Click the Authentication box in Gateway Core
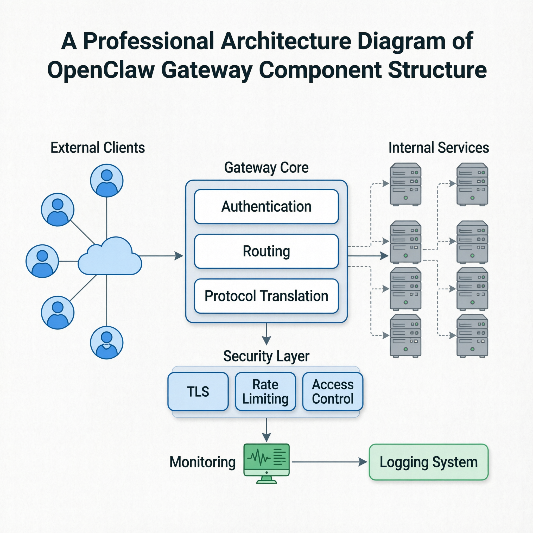pos(266,207)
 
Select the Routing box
pos(266,251)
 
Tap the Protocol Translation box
pos(266,296)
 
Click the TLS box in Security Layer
pos(198,391)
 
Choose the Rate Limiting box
pos(265,391)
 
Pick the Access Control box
pos(333,391)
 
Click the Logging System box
pos(428,462)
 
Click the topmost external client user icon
pos(107,181)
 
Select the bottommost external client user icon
pos(107,343)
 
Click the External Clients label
pos(98,148)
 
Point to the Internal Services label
pos(439,148)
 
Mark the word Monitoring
pos(202,462)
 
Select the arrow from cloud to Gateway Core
pos(161,256)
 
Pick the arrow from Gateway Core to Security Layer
pos(266,334)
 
